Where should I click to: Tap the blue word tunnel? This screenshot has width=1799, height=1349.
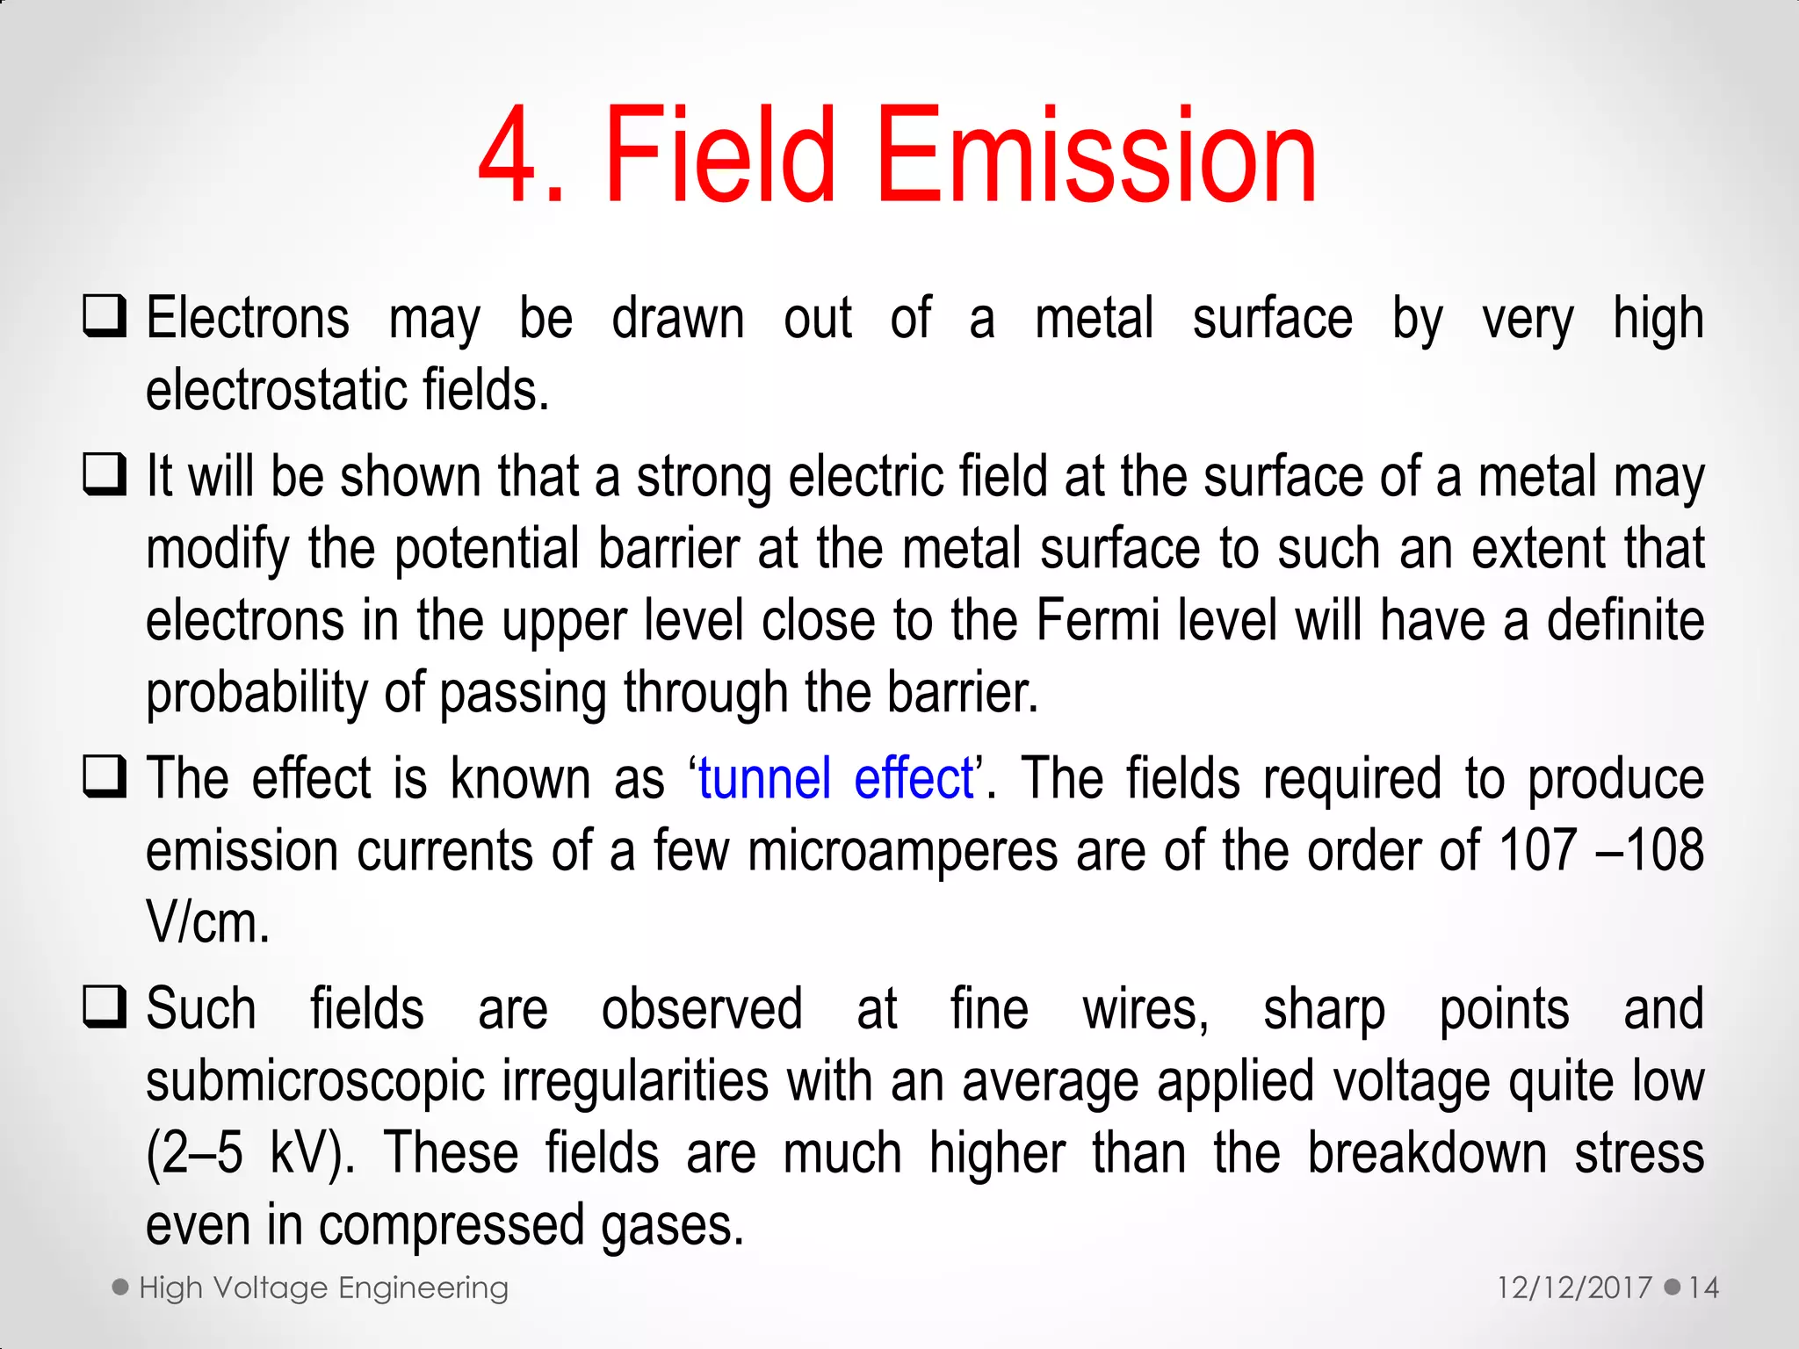764,779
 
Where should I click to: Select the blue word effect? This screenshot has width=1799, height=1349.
914,779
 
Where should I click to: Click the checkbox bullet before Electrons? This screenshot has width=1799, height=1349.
105,316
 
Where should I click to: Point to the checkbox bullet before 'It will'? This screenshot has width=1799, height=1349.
105,475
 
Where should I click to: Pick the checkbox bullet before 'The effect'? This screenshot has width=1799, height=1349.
105,777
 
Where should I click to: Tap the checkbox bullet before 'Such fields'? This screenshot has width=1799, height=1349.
105,1007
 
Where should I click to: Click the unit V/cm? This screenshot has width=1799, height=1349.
207,923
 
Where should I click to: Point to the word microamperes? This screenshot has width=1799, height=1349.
903,852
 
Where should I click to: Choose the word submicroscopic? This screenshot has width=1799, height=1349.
314,1082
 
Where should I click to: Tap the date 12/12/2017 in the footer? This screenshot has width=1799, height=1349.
1574,1288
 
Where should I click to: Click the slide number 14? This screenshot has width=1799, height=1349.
1703,1288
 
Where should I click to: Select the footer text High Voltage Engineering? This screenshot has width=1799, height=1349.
323,1288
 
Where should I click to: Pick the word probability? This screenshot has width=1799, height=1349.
256,694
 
